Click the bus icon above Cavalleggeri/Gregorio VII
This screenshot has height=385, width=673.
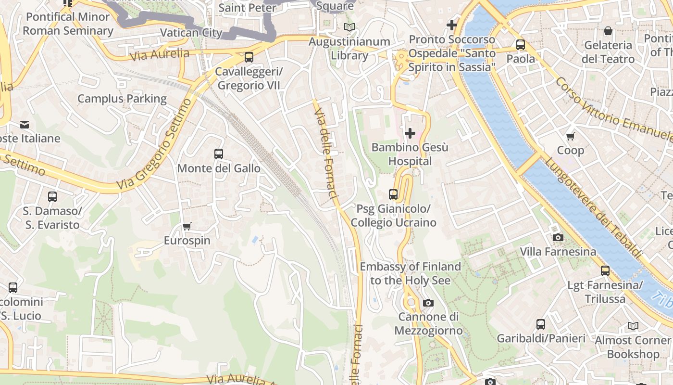tap(249, 57)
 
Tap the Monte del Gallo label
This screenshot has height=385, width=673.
tap(219, 168)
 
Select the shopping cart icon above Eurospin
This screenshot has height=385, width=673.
tap(187, 226)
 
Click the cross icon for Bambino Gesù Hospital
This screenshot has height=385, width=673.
tap(410, 133)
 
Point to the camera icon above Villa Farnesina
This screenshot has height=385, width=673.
tap(558, 237)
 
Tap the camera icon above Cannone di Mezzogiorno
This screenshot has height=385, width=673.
tap(428, 303)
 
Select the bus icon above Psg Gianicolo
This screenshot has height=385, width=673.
tap(393, 194)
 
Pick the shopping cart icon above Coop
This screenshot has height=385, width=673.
tap(571, 136)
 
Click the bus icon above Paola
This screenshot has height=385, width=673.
tap(521, 45)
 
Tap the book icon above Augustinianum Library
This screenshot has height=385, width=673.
tap(349, 27)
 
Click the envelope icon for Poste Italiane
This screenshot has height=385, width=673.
tap(25, 125)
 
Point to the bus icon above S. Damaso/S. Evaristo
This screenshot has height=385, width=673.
tap(52, 197)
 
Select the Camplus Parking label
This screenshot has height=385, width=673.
tap(122, 99)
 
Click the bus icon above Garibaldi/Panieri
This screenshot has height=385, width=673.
tap(541, 324)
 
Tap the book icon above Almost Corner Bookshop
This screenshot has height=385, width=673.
tap(633, 326)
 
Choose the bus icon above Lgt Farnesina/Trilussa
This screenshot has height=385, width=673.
tap(605, 271)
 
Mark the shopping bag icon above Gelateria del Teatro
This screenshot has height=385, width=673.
tap(608, 31)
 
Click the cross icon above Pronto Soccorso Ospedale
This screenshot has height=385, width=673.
tap(452, 25)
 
